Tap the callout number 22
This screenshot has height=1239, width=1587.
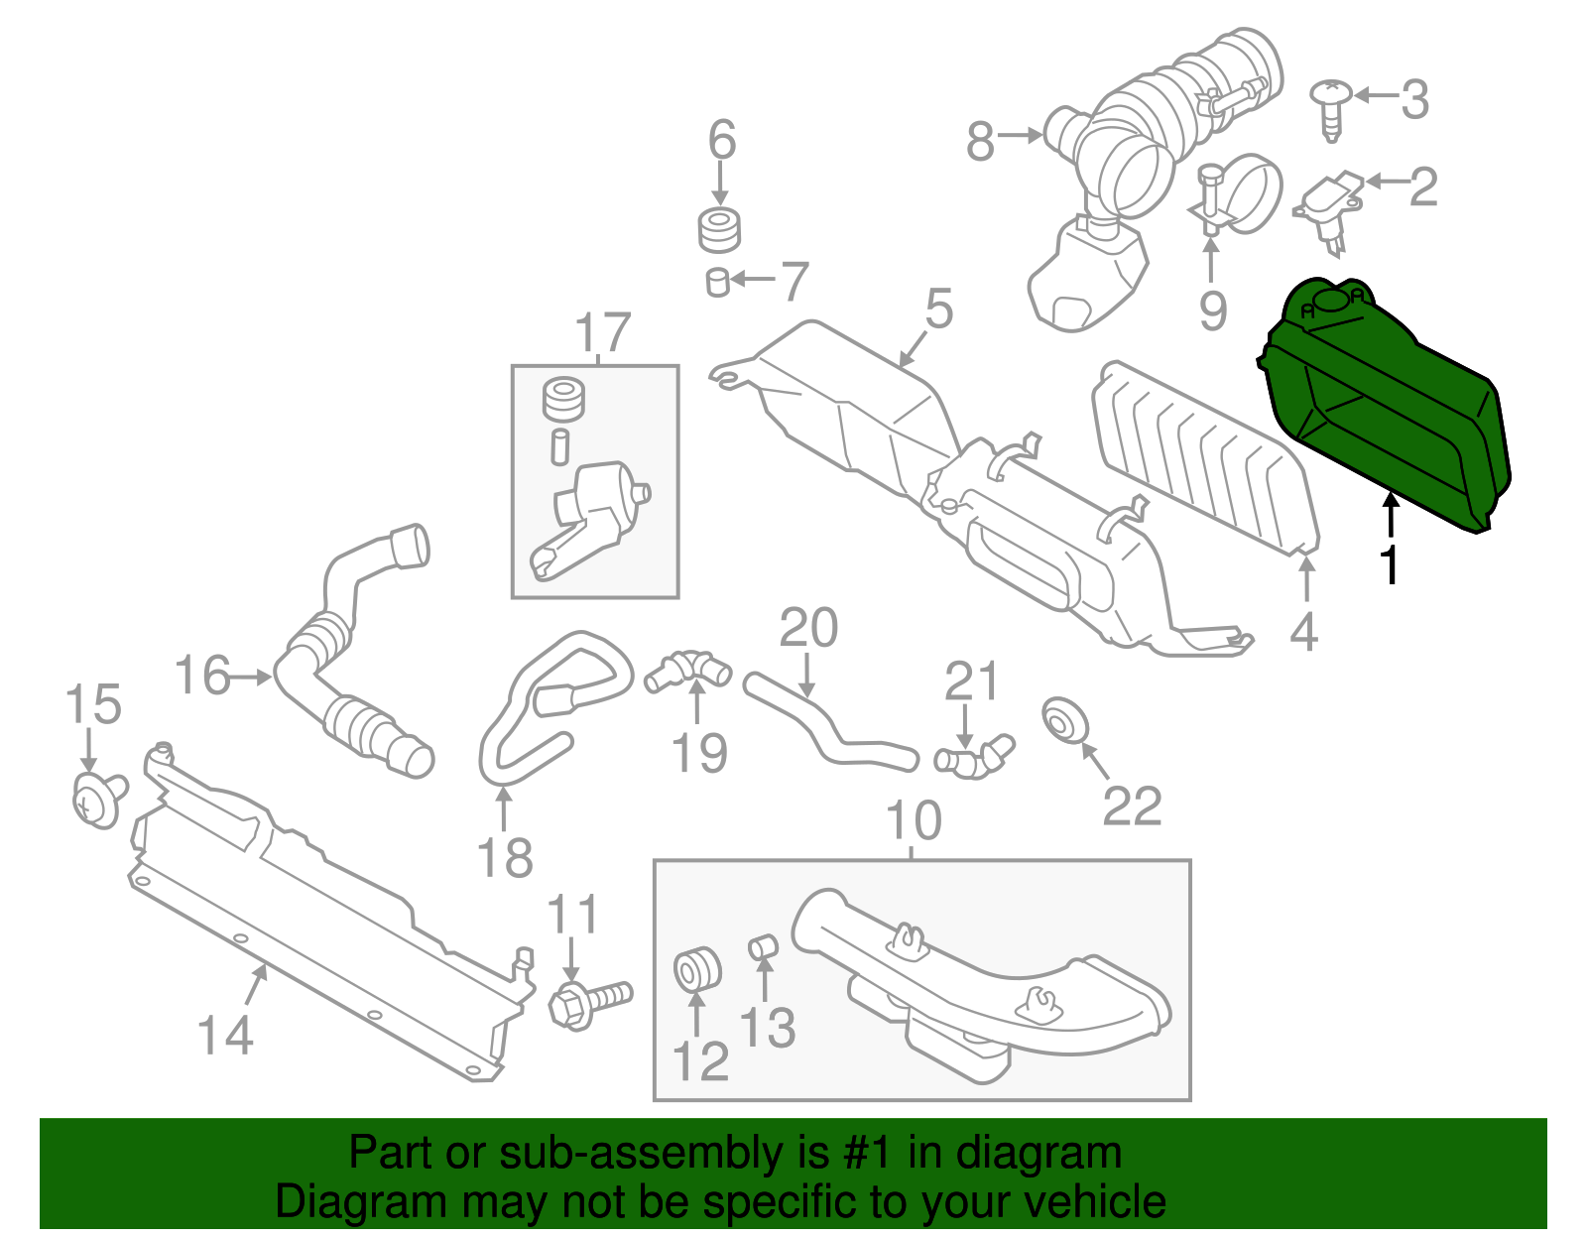[1132, 807]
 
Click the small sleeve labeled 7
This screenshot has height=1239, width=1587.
[718, 282]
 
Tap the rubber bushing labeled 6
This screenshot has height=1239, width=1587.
[719, 230]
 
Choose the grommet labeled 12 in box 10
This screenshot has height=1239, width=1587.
[696, 969]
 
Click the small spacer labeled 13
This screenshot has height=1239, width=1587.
[762, 945]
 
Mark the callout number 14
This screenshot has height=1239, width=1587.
[225, 1035]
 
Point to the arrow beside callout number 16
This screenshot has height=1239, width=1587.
[252, 678]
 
